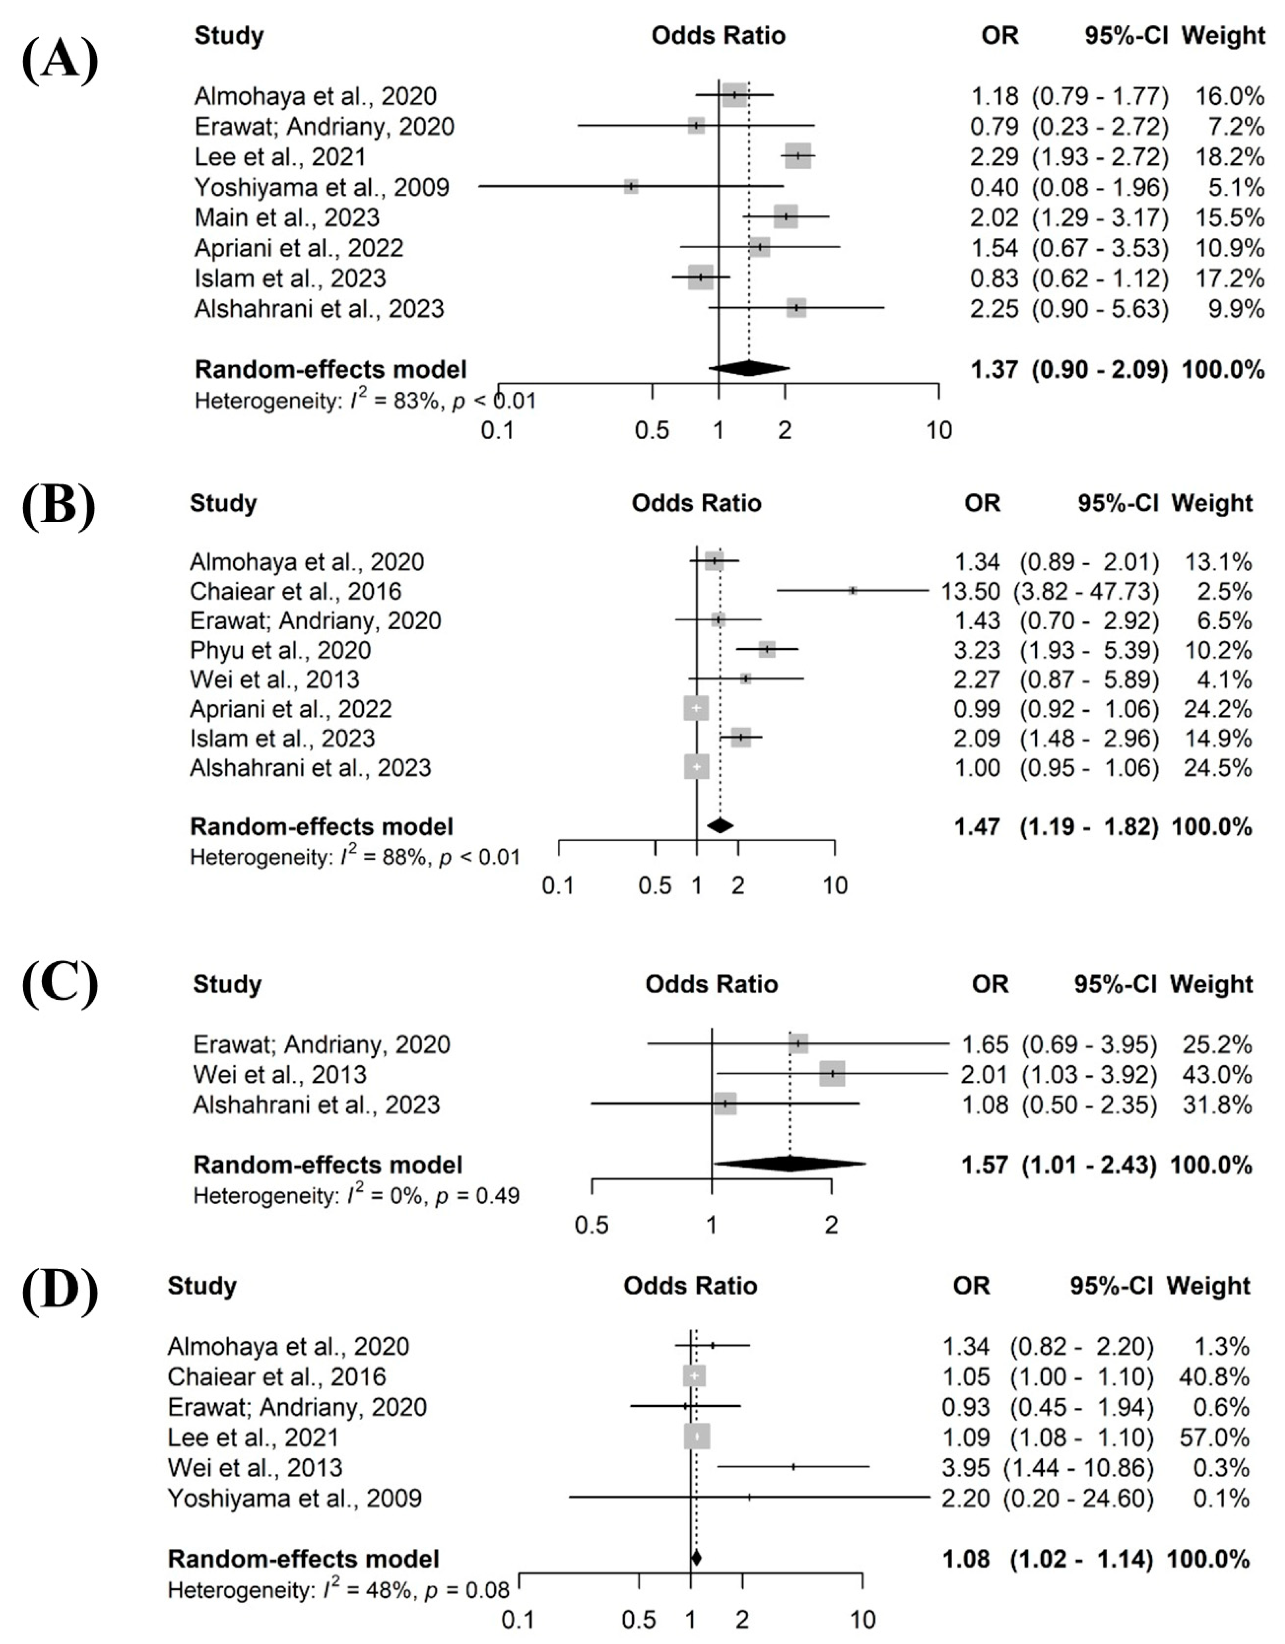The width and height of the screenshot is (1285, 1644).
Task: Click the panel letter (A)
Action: [60, 60]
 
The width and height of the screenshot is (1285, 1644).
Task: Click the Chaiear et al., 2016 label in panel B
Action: [295, 591]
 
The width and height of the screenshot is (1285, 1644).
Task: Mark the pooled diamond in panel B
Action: [721, 826]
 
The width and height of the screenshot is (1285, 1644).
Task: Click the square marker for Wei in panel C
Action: [832, 1074]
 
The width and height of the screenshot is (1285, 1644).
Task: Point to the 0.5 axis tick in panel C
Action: [592, 1225]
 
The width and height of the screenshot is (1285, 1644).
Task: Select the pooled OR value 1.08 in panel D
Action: [966, 1558]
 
